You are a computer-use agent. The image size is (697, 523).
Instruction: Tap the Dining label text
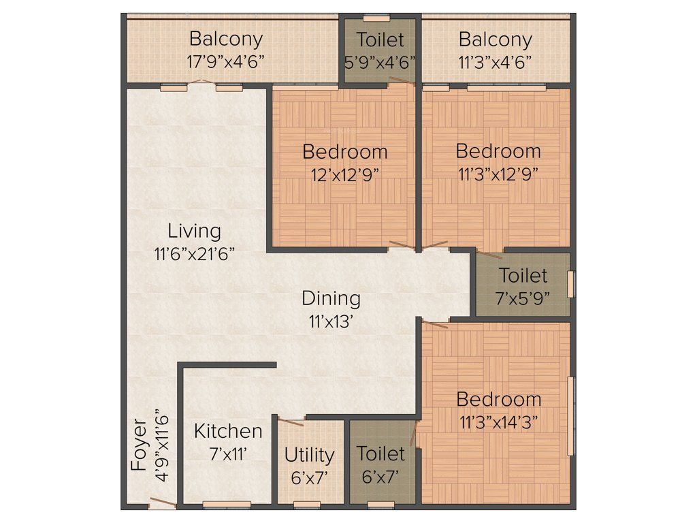click(x=331, y=298)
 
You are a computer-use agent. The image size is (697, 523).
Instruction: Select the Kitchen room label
click(x=228, y=431)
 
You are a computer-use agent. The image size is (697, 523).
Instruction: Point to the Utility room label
click(x=309, y=455)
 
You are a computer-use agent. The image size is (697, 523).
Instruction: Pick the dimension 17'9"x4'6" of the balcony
click(x=225, y=60)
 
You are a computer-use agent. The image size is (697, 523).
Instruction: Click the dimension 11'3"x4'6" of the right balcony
click(x=495, y=60)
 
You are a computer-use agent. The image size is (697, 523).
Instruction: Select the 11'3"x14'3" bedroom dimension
click(x=498, y=422)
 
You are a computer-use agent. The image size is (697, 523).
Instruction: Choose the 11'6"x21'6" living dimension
click(x=195, y=253)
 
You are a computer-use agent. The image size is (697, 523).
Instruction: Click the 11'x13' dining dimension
click(x=331, y=321)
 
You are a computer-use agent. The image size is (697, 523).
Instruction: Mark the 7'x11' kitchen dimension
click(x=228, y=454)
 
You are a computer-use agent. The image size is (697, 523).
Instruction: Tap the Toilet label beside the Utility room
click(x=380, y=454)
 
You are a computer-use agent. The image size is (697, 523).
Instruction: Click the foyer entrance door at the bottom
click(x=163, y=503)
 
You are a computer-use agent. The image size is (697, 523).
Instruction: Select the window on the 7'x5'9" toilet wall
click(x=570, y=284)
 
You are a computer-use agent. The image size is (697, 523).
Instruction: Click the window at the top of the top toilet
click(x=376, y=17)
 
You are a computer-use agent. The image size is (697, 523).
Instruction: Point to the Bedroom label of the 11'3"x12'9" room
click(x=498, y=150)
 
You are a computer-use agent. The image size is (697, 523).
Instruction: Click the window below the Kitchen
click(x=227, y=505)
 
